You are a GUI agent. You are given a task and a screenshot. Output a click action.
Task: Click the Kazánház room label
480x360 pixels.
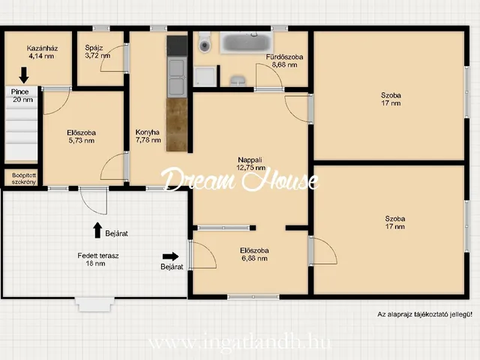[42, 52]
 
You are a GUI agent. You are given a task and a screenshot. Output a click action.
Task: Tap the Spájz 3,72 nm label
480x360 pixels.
[97, 52]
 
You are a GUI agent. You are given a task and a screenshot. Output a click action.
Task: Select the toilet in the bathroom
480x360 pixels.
[205, 43]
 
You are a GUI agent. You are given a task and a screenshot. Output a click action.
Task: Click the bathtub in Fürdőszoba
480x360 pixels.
[247, 42]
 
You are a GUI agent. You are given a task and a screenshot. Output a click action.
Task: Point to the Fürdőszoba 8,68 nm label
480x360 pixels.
[284, 61]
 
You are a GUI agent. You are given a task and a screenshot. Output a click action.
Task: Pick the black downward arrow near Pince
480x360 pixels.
[24, 75]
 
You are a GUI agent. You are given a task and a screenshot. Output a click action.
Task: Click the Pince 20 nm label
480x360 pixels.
[22, 95]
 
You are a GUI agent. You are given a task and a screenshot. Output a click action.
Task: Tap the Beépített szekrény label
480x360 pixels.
[24, 178]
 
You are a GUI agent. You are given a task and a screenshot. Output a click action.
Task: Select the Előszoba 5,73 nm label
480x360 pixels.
[81, 136]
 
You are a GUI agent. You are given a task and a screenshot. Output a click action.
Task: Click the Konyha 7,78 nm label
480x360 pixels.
[148, 136]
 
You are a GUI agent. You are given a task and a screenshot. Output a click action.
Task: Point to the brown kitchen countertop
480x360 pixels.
[177, 124]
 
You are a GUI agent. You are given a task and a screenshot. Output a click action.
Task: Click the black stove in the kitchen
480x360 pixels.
[177, 46]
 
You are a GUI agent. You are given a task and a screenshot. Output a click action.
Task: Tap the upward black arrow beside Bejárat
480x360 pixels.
[97, 230]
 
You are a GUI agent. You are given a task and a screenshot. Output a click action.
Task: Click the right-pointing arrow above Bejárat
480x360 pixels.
[170, 256]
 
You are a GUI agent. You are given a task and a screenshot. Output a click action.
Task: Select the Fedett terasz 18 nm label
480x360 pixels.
[98, 259]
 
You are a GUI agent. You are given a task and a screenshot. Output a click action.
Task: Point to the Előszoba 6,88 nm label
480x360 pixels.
[254, 254]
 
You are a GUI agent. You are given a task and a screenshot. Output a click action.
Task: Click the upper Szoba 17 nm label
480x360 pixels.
[391, 99]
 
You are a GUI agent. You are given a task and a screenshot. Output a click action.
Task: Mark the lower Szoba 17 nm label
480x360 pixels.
[395, 223]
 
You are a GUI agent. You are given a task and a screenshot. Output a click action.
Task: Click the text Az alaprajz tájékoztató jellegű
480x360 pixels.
[424, 314]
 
